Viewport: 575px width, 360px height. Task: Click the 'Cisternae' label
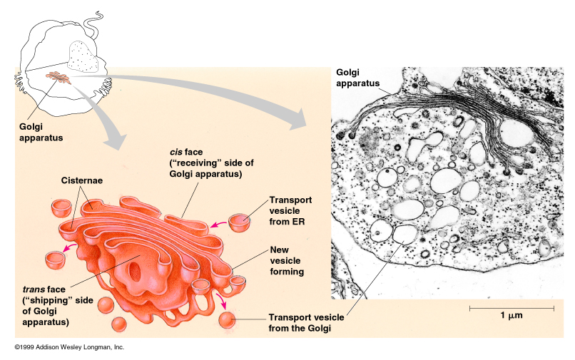pos(82,181)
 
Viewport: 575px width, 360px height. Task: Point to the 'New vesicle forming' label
pos(287,260)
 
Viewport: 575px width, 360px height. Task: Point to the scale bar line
pos(512,308)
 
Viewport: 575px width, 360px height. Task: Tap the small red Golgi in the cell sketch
pos(58,76)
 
